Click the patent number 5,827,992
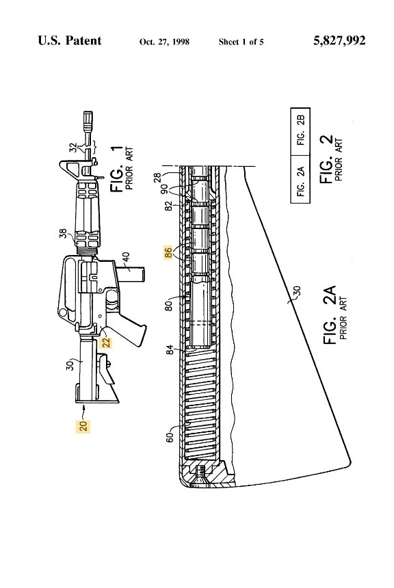339,40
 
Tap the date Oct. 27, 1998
164,42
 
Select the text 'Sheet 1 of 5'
241,42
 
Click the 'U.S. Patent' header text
69,40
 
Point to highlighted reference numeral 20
83,426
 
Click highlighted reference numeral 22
106,343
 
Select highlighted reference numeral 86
168,252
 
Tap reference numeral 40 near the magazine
127,257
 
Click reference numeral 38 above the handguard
63,234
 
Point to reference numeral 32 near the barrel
73,147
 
